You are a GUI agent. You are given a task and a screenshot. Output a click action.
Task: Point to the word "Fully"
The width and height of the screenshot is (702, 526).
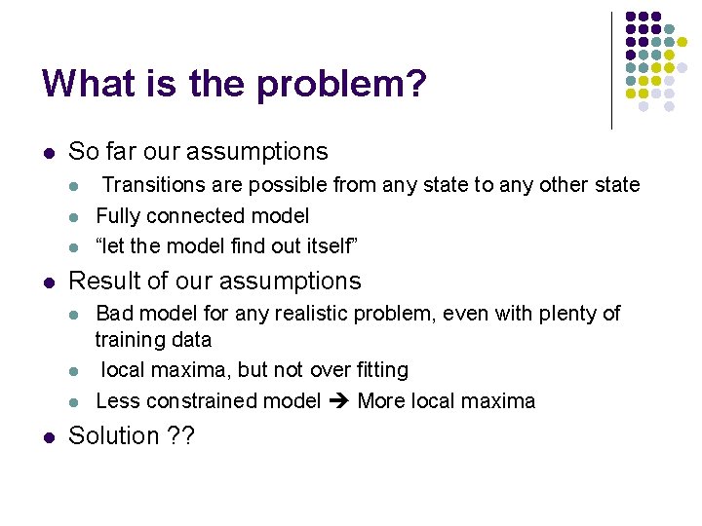(x=118, y=216)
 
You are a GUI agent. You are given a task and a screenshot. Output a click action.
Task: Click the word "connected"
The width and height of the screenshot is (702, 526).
(x=193, y=216)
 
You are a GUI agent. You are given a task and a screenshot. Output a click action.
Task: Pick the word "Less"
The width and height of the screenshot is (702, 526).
(x=117, y=401)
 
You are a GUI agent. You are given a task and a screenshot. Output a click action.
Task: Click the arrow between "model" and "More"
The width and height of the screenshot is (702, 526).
(x=341, y=401)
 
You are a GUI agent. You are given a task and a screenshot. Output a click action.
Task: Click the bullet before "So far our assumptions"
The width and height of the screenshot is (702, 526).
(x=48, y=153)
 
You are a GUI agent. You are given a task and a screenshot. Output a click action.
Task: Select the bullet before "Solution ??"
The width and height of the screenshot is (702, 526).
(x=48, y=436)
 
